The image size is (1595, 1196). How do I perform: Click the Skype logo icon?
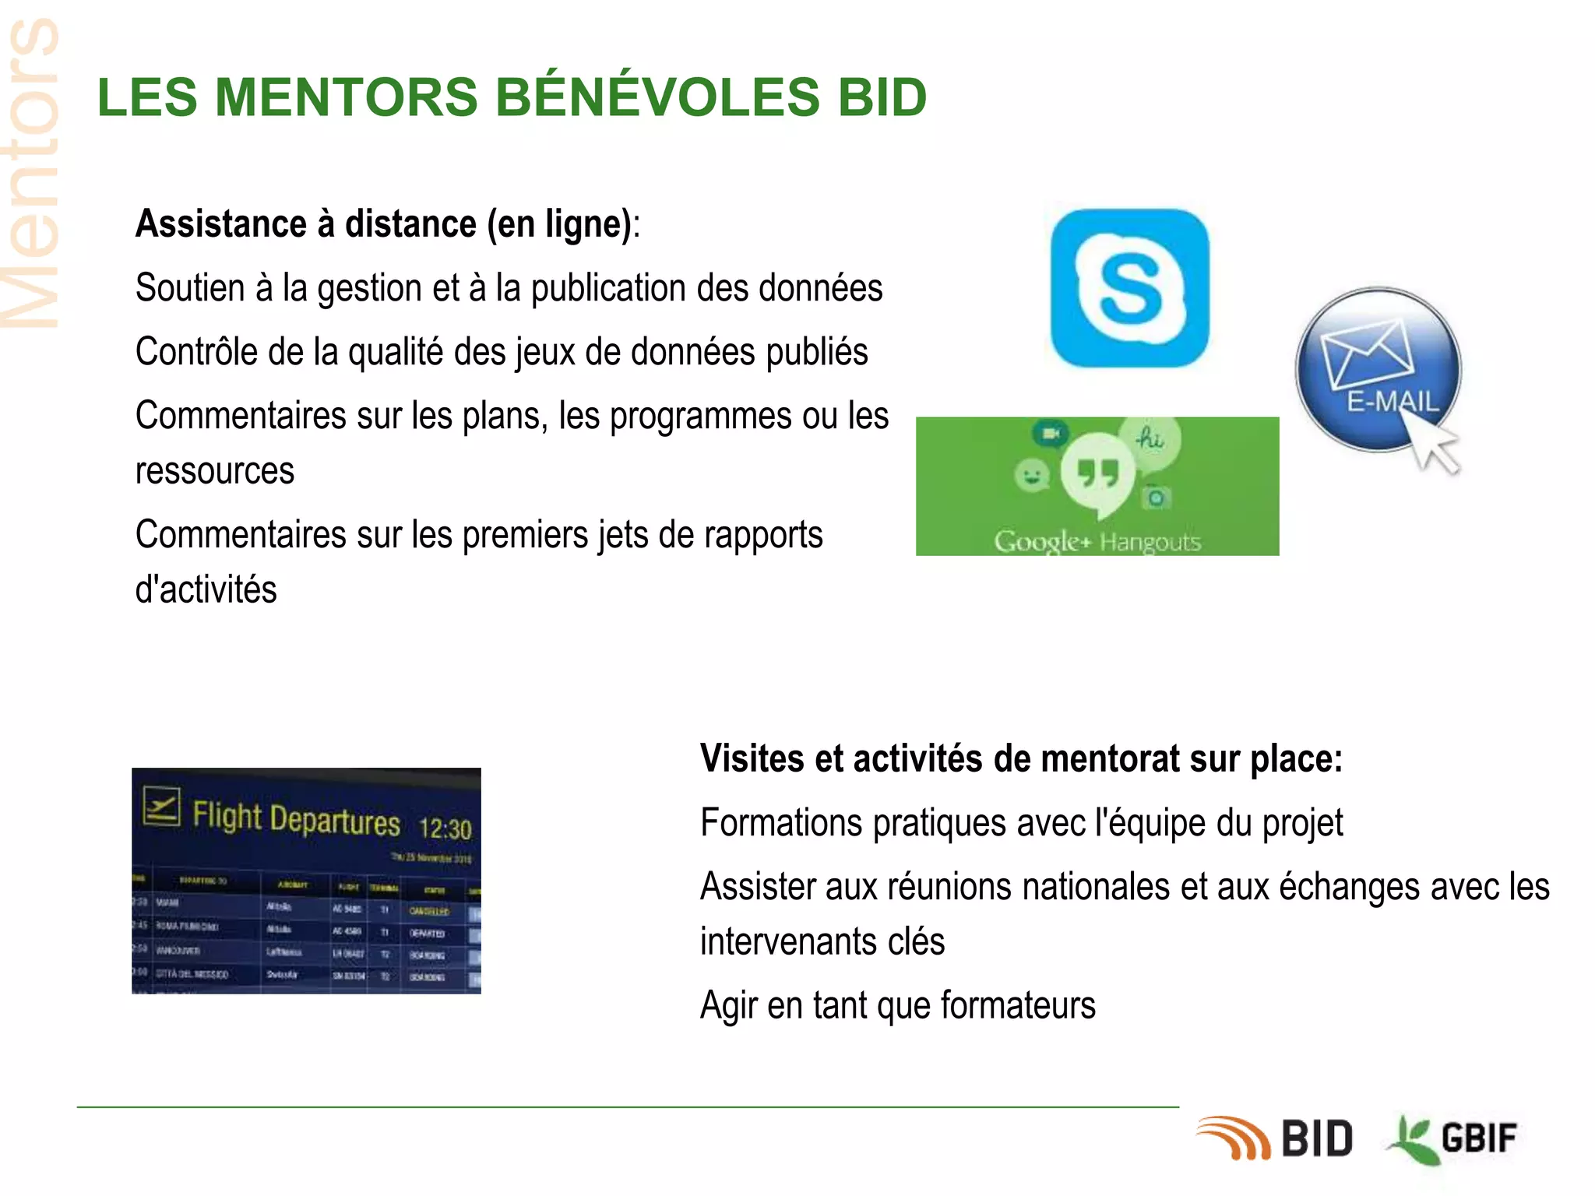click(1129, 288)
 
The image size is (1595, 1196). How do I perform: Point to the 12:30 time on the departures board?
click(445, 828)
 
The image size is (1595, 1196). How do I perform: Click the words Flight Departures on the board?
click(296, 818)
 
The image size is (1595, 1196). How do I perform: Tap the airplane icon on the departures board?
click(162, 806)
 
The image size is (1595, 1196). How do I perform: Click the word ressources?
click(215, 471)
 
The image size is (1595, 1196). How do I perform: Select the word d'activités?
click(206, 589)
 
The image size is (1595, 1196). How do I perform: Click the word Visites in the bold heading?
click(751, 758)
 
